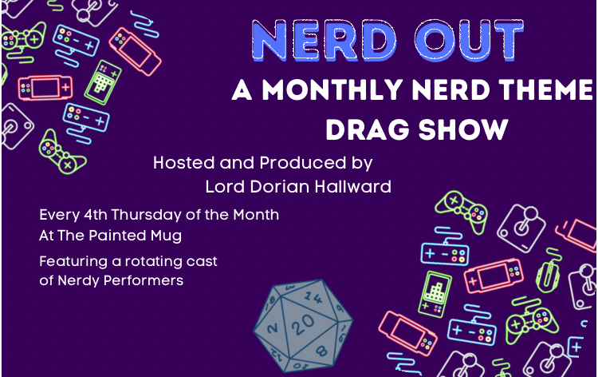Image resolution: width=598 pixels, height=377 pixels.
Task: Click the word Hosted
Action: [x=183, y=163]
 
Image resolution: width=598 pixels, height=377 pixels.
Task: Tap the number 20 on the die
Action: [x=304, y=325]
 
